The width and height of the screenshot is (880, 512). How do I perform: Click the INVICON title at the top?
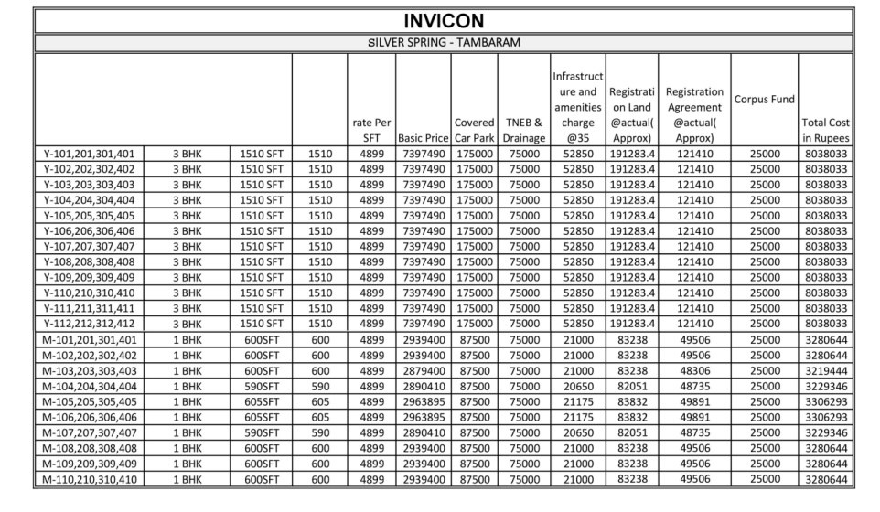443,19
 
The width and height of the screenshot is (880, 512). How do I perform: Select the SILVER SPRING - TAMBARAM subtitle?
443,42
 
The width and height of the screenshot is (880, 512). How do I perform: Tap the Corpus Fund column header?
764,99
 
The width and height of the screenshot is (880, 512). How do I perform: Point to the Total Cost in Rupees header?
826,129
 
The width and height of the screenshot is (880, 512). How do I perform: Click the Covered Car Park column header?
474,129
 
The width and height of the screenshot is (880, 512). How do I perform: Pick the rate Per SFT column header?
370,129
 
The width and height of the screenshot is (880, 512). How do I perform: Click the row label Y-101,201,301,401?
89,154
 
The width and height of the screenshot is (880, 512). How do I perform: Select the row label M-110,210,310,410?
89,478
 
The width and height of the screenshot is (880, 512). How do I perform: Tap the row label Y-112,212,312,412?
89,324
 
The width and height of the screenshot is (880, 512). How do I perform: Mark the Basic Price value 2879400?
423,370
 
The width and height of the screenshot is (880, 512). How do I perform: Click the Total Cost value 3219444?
826,370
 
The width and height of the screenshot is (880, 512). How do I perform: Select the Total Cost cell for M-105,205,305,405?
826,401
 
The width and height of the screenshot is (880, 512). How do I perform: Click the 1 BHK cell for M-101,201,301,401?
187,339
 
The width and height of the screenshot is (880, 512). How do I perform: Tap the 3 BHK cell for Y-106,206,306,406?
187,230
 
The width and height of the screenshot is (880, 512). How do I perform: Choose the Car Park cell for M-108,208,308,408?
474,447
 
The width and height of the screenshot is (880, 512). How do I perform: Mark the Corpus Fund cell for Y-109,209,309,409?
764,277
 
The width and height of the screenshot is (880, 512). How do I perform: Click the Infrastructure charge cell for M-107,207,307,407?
576,432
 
